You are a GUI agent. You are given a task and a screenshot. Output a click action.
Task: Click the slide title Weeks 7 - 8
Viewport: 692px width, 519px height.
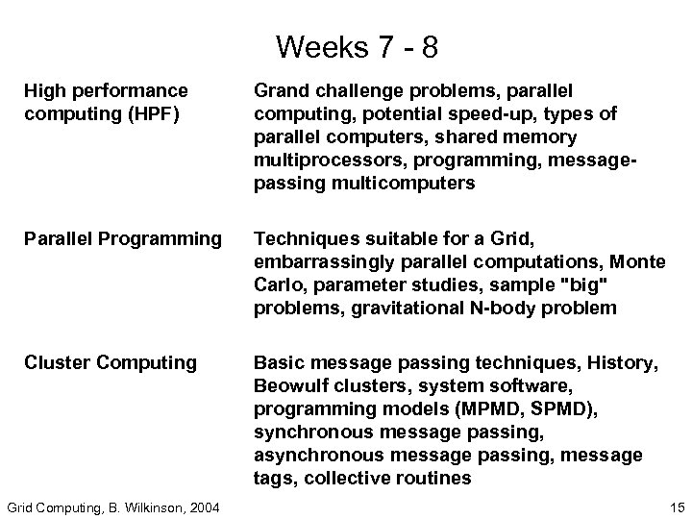(x=345, y=45)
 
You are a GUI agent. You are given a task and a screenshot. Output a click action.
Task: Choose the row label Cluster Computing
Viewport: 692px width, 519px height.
(x=110, y=362)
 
